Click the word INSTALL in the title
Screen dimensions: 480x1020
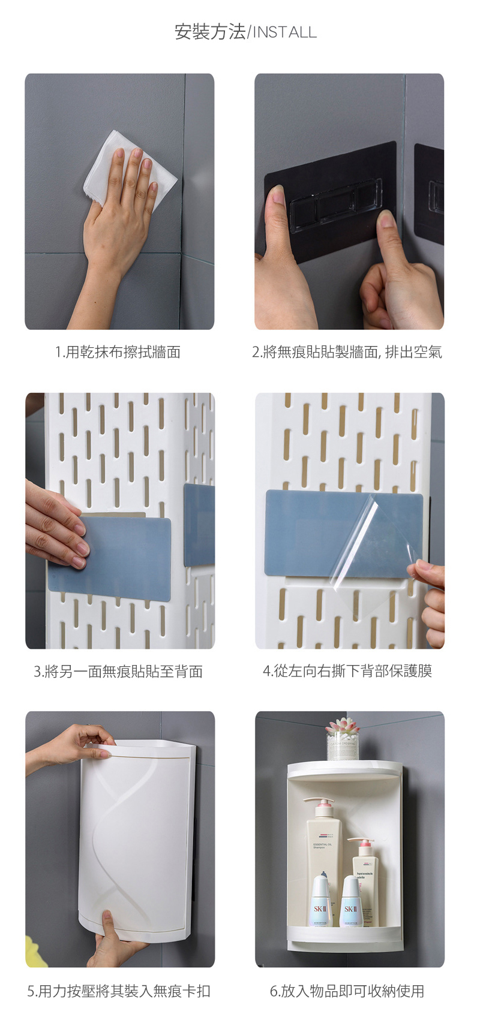[285, 32]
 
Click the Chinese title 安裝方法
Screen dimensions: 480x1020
[210, 32]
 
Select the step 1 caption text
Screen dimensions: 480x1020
[118, 351]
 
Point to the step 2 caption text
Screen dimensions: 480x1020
[347, 351]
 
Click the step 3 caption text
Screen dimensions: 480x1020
[118, 671]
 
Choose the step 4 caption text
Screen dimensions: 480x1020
[347, 671]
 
